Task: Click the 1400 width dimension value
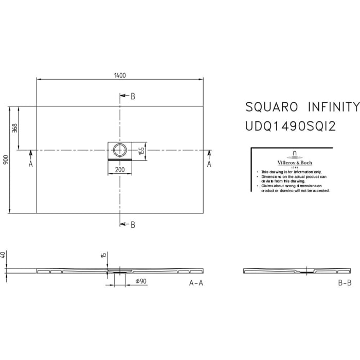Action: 120,75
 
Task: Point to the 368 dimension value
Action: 15,128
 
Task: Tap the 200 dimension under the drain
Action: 120,169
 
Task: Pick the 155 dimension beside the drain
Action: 142,151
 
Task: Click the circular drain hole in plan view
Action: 120,150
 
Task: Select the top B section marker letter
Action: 133,96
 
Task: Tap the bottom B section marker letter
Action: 133,224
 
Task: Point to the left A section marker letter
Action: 30,164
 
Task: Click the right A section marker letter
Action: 209,164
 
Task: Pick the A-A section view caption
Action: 196,283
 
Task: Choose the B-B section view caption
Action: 345,283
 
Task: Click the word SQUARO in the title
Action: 271,107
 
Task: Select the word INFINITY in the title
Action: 333,107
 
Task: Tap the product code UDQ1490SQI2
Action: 291,126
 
